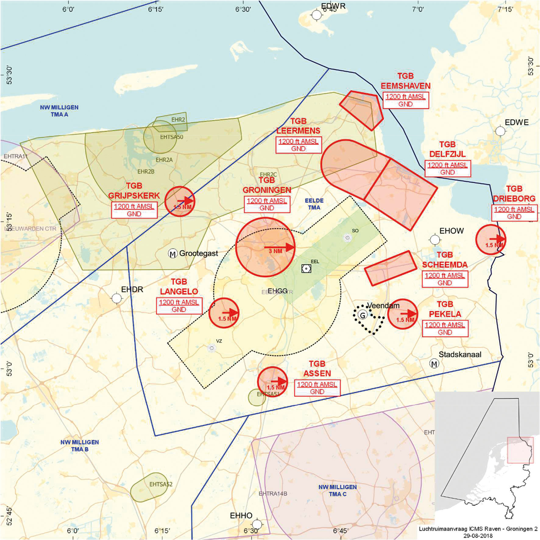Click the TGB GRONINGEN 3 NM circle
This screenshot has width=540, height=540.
(265, 247)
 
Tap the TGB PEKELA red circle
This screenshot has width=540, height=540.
(403, 314)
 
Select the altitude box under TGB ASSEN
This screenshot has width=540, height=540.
(317, 388)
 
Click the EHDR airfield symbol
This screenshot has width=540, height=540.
(117, 298)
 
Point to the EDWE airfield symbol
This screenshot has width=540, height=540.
(500, 131)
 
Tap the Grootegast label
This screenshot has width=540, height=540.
(198, 253)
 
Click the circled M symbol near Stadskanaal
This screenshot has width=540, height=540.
(434, 363)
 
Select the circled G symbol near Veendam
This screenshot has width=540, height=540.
(363, 315)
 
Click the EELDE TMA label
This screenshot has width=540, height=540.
(314, 204)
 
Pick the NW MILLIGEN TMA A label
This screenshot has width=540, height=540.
(59, 111)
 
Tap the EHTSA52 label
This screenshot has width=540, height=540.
(161, 484)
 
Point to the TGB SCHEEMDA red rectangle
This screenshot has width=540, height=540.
(390, 268)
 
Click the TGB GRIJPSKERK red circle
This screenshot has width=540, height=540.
(180, 201)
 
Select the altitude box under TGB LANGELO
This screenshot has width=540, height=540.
(179, 306)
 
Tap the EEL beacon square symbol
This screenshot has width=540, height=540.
(306, 268)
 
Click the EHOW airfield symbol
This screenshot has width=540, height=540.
(435, 240)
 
